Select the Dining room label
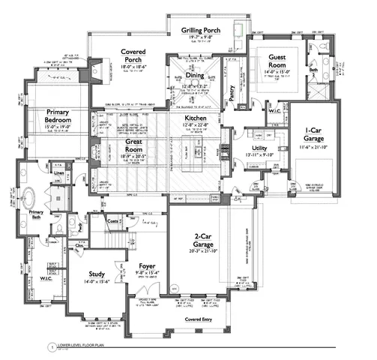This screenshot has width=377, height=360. tap(195, 76)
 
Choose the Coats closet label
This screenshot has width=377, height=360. tap(114, 220)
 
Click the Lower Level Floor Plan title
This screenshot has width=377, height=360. tap(88, 348)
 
